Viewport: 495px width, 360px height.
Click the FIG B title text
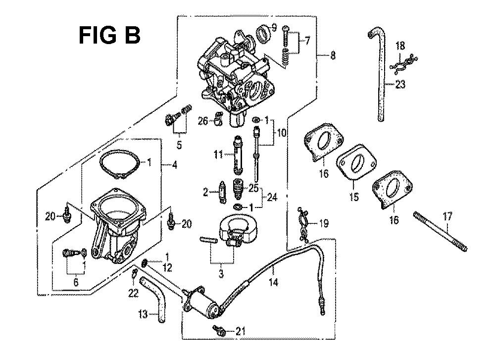[109, 35]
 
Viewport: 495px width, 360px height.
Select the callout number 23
[400, 85]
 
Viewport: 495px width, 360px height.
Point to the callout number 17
[447, 216]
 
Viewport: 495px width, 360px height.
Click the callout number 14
[273, 282]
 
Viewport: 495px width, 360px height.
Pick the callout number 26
[203, 121]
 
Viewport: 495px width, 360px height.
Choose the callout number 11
[218, 154]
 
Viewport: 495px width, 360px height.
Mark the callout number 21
[240, 331]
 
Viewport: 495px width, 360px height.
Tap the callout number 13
[143, 314]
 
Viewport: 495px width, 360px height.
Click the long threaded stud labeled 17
[440, 232]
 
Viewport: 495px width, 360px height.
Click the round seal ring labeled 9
[263, 33]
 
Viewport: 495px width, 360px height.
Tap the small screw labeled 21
[218, 330]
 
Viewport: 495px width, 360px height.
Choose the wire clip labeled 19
[303, 224]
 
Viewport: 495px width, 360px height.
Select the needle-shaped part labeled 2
[223, 193]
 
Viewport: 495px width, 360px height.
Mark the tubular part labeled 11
[238, 154]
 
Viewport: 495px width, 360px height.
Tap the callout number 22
[133, 294]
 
